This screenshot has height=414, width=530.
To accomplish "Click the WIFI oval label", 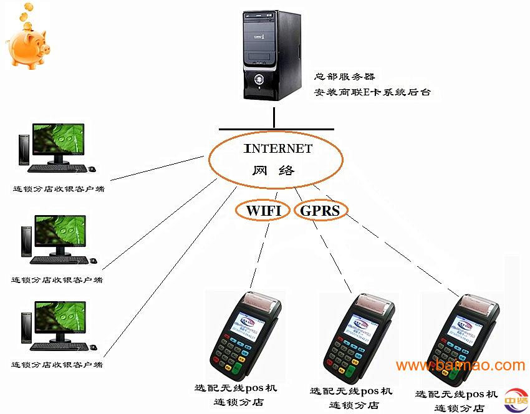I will (x=263, y=210).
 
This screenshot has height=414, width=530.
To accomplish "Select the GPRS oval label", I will (x=320, y=210).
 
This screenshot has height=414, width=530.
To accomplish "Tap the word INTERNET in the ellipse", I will (x=277, y=149).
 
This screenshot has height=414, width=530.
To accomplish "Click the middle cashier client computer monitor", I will (x=60, y=232).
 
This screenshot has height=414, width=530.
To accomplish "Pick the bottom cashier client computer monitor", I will (x=60, y=318).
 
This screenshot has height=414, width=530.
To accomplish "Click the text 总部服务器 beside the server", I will (x=344, y=77).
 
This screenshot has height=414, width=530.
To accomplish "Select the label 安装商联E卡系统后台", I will (x=372, y=93).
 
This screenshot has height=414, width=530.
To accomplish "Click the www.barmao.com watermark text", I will (x=460, y=365).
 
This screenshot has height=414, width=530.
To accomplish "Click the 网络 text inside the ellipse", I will (x=274, y=170).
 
